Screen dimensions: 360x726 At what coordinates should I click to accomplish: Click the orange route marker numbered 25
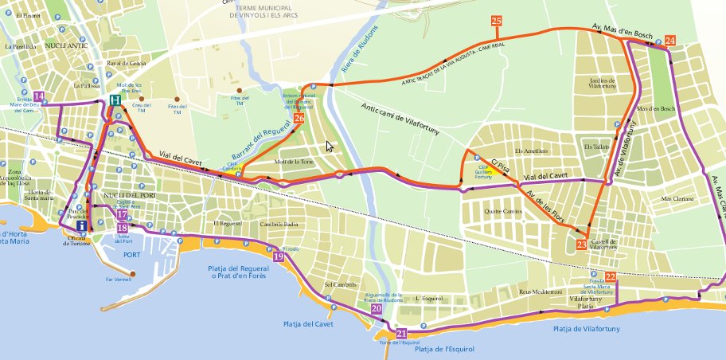[x=497, y=21]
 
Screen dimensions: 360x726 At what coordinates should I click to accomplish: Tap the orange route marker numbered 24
[x=670, y=40]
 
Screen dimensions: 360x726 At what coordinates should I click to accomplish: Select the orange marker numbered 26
[x=299, y=118]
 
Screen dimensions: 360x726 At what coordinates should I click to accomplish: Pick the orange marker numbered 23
[x=581, y=245]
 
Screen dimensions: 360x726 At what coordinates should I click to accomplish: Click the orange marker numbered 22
[x=611, y=276]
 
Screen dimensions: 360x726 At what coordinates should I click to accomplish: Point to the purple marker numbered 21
[x=401, y=334]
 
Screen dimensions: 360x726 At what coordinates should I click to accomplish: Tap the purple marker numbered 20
[x=376, y=308]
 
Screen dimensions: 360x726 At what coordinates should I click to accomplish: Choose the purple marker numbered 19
[x=278, y=256]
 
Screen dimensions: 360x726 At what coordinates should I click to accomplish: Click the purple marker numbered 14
[x=39, y=97]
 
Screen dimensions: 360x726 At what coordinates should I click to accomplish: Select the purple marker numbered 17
[x=121, y=214]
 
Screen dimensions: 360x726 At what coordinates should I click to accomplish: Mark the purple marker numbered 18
[x=122, y=227]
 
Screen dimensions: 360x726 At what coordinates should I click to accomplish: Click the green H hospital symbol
[x=116, y=100]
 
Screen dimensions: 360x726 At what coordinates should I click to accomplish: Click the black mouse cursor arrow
[x=330, y=147]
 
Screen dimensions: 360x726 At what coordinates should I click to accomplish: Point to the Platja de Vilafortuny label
[x=587, y=327]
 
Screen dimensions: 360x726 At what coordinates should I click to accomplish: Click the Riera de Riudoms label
[x=356, y=57]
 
